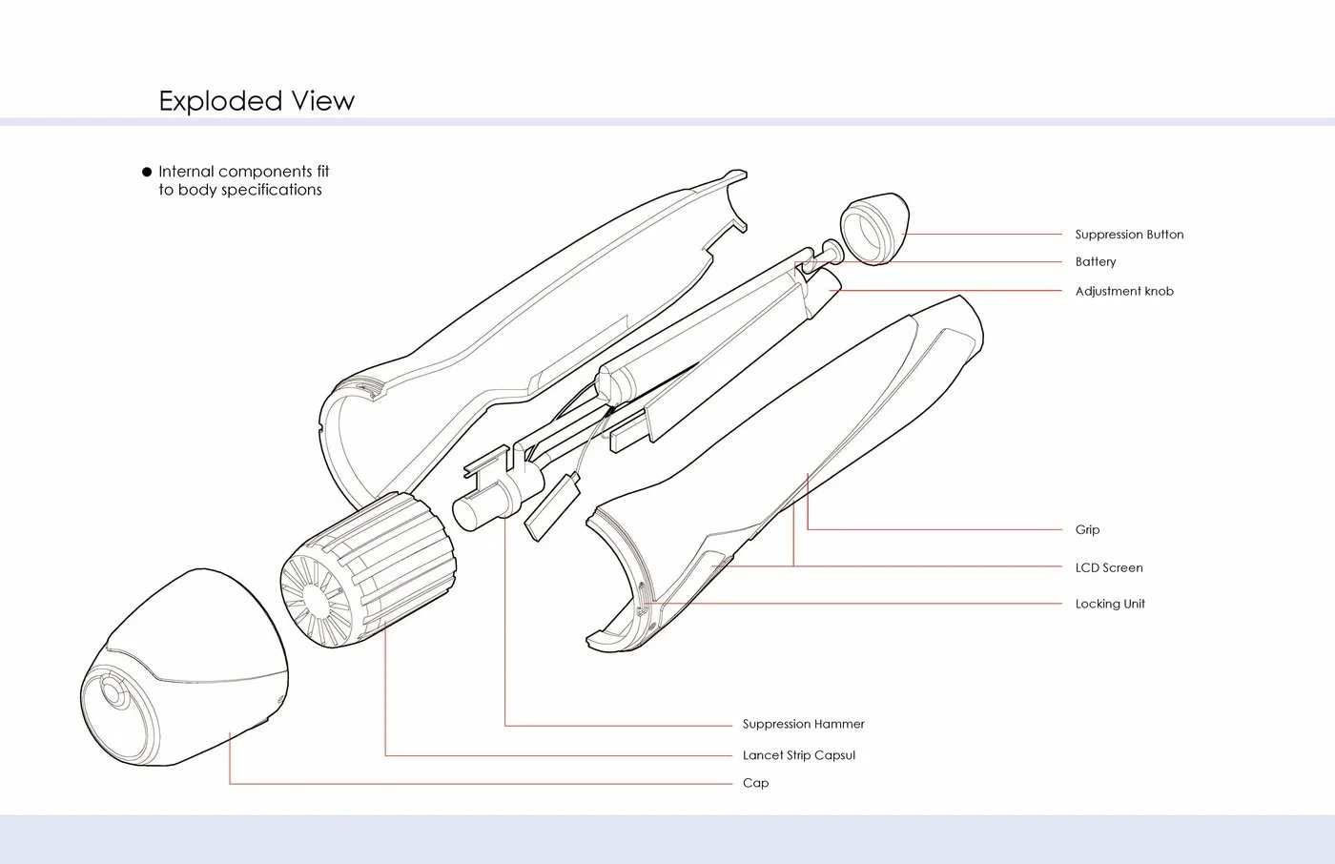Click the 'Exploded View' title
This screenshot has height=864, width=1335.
257,101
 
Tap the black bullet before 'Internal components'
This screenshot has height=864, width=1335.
147,173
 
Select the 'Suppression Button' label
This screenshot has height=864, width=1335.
1129,235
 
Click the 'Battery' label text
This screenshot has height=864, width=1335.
1096,262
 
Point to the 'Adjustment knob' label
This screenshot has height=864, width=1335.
1124,292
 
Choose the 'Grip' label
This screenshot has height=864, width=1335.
1087,530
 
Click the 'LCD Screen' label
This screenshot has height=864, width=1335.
1109,568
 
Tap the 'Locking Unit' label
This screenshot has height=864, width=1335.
1110,605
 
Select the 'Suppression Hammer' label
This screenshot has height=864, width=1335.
803,725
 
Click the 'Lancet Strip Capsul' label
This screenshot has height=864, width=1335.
799,755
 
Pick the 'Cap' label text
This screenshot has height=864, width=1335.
755,784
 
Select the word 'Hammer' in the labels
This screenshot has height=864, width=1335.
840,725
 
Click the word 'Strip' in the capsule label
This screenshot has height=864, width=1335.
802,755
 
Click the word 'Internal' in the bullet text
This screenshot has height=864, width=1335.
187,173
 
